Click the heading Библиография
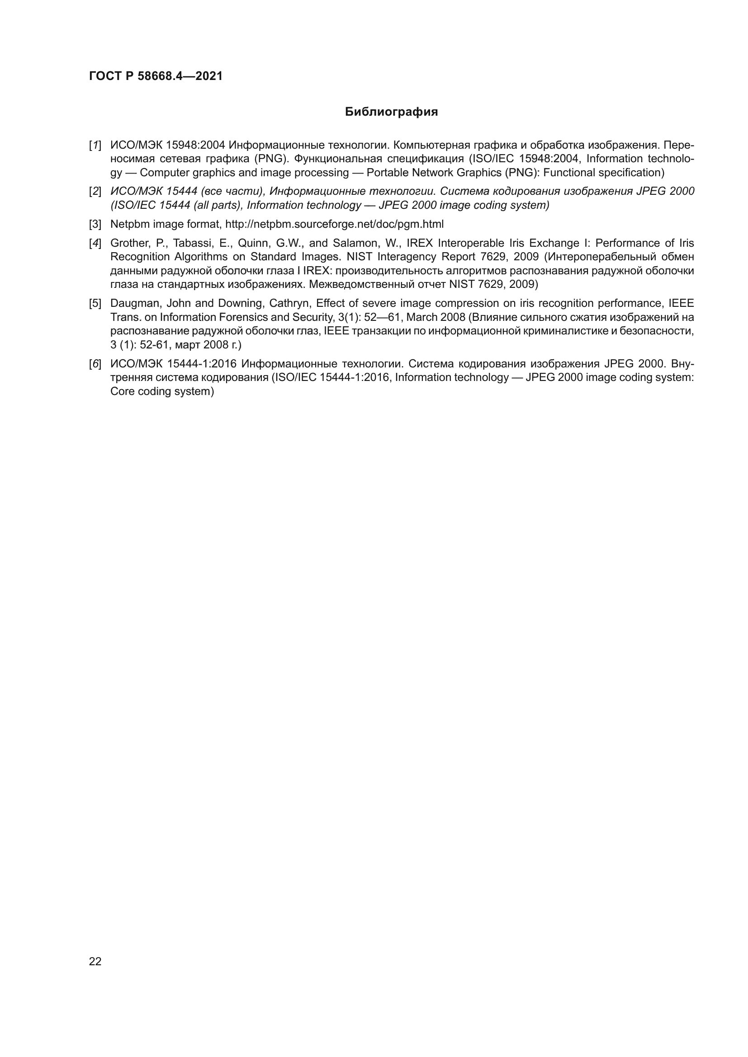click(391, 112)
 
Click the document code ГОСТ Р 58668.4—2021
click(156, 76)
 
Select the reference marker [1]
click(95, 146)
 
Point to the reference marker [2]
click(95, 192)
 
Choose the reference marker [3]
click(95, 225)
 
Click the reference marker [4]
click(95, 244)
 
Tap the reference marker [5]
click(95, 303)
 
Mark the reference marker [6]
click(95, 364)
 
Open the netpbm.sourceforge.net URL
click(334, 225)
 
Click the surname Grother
click(128, 244)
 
